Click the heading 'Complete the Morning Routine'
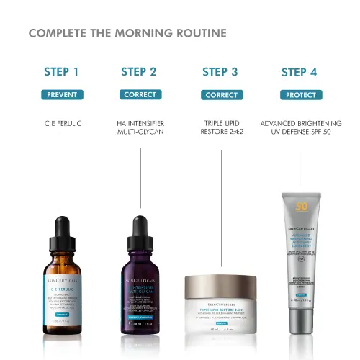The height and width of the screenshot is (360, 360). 127,33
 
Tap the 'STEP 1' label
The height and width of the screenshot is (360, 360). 61,71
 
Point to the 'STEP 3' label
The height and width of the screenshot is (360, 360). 220,71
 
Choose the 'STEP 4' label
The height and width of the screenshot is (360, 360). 299,71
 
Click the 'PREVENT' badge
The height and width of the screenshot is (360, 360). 61,94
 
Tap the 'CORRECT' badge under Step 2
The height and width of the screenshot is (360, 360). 139,94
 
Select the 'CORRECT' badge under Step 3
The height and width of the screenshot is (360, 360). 221,94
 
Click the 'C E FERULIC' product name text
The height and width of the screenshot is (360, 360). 63,123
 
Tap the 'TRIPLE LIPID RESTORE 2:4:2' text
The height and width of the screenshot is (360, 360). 220,127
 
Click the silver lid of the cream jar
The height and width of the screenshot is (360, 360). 221,282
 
